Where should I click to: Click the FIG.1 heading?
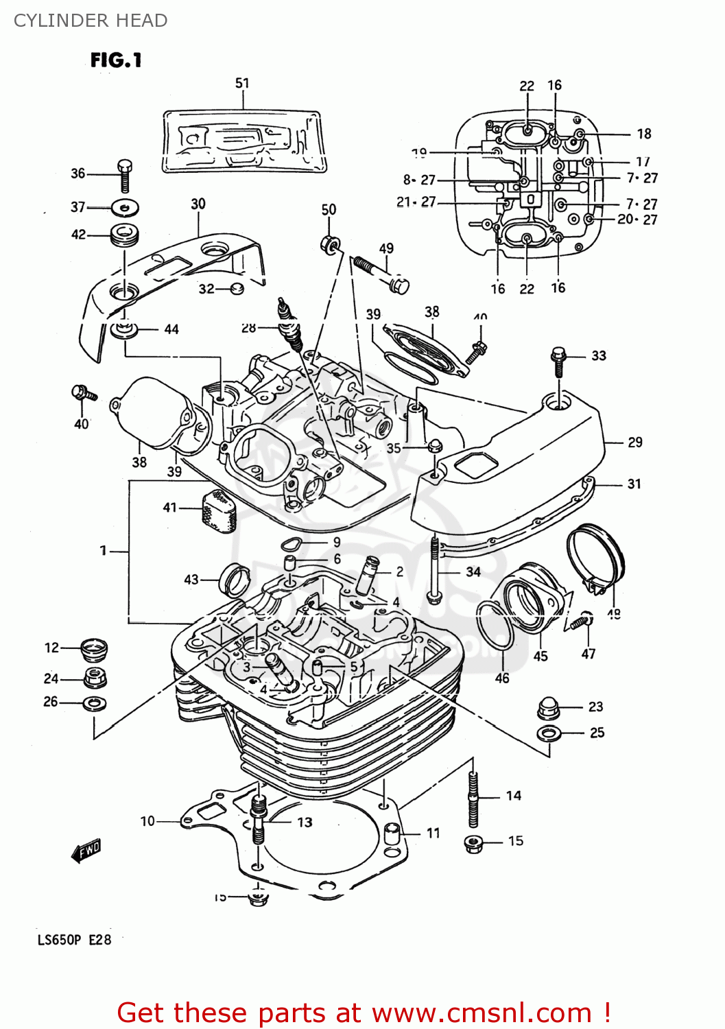click(116, 60)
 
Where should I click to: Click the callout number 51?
click(242, 83)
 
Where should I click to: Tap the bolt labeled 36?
click(124, 176)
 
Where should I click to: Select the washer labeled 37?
click(124, 206)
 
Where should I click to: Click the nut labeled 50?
click(329, 244)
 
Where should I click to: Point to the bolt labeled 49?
click(381, 273)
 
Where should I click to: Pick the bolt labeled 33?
click(558, 361)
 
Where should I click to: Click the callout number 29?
click(635, 442)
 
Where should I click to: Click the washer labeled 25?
click(548, 734)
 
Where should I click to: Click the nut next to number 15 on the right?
click(473, 843)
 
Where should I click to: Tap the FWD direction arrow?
click(86, 851)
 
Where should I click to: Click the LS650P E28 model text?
click(74, 940)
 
